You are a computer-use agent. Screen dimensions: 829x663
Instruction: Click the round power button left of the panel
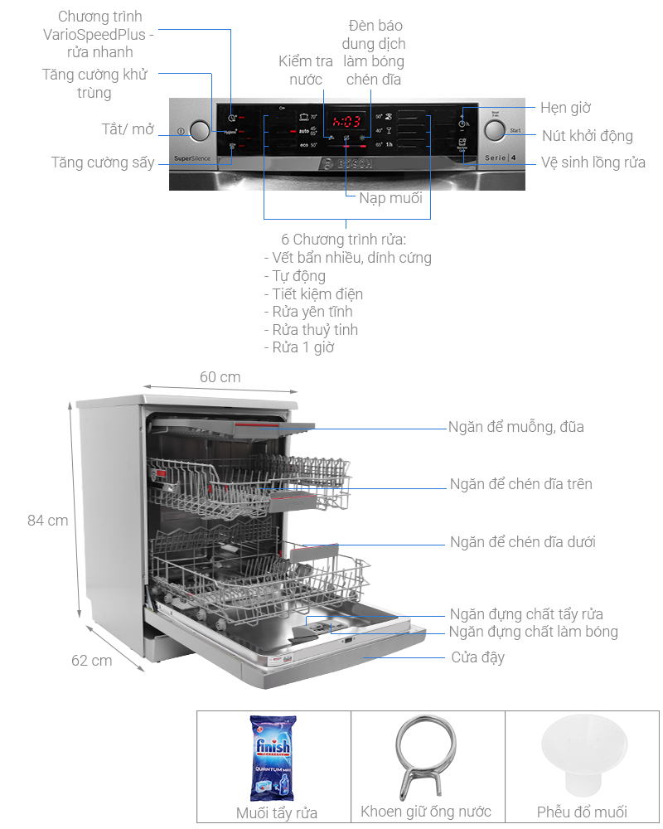click(x=200, y=131)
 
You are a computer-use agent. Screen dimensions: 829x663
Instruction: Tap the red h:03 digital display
click(x=342, y=119)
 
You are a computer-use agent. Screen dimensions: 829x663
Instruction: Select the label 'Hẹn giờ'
click(x=565, y=108)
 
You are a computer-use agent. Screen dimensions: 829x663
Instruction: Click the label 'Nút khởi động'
click(x=588, y=136)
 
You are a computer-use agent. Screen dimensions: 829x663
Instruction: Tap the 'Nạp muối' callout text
click(x=390, y=198)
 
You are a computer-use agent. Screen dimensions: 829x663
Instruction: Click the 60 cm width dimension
click(x=220, y=377)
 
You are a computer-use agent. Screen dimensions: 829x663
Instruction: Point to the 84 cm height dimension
click(x=47, y=521)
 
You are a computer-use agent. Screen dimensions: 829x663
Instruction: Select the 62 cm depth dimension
click(x=91, y=661)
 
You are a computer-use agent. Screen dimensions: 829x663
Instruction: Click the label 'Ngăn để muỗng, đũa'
click(x=515, y=427)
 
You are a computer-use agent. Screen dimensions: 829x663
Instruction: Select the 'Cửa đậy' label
click(x=477, y=657)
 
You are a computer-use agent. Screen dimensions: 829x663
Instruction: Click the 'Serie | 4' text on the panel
click(x=500, y=157)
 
